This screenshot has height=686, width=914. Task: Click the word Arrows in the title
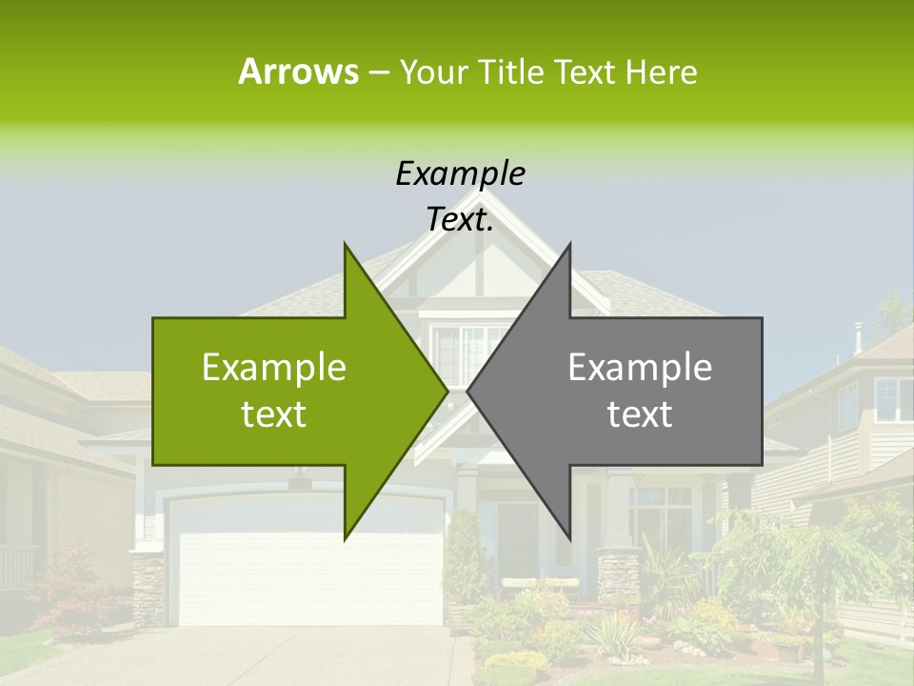298,71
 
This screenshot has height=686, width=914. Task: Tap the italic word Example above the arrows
460,173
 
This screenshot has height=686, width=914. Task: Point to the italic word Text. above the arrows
460,220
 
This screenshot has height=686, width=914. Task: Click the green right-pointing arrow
286,391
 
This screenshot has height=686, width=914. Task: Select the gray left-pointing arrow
647,391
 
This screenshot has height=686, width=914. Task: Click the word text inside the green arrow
273,414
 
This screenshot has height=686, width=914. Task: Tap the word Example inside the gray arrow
640,368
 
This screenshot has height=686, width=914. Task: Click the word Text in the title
586,71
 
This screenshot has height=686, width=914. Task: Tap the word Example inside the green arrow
273,368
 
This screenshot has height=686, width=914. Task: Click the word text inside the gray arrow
640,414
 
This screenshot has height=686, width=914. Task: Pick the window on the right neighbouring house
893,400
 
